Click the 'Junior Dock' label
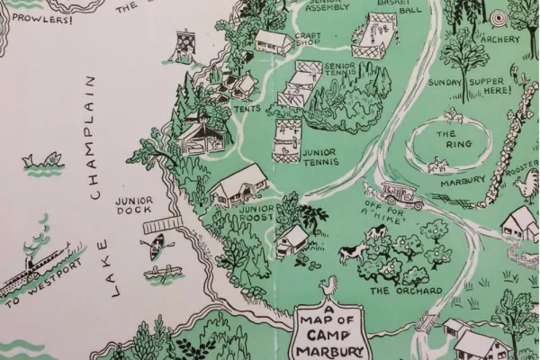point(134,205)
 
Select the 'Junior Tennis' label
point(319,157)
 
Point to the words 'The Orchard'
point(406,291)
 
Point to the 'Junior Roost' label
point(256,214)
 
